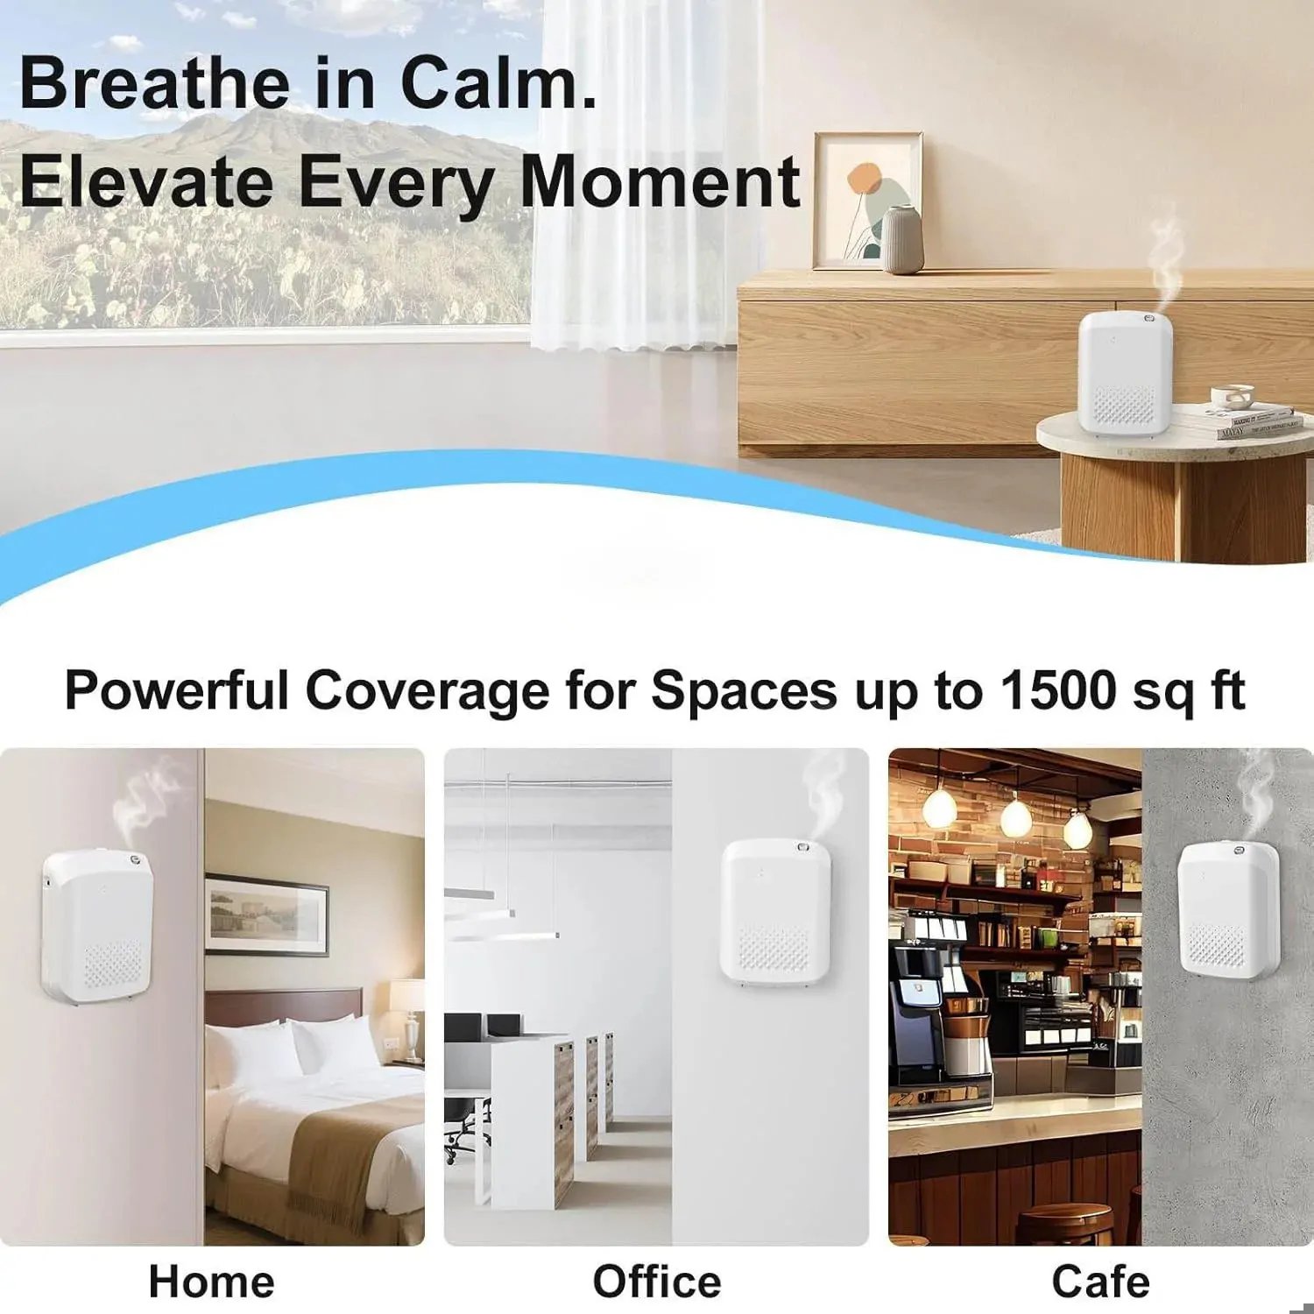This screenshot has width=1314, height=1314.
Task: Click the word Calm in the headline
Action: pos(498,82)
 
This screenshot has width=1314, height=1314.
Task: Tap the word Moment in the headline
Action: pos(660,181)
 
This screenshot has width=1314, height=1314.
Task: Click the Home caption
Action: pos(212,1282)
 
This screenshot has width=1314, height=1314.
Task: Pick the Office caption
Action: pos(657,1282)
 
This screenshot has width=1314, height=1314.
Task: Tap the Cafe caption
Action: pos(1101,1282)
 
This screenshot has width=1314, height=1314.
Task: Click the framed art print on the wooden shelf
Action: pos(867,201)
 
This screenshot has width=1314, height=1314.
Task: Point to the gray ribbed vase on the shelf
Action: pos(901,240)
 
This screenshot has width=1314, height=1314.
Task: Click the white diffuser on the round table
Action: pos(1125,372)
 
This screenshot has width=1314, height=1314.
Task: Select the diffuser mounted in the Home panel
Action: pos(97,927)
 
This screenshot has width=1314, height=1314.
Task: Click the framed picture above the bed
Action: pos(267,915)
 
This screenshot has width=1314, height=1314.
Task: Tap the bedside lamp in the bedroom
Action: pos(407,1016)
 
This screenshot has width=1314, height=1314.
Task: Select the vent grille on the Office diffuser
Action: pos(773,949)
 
